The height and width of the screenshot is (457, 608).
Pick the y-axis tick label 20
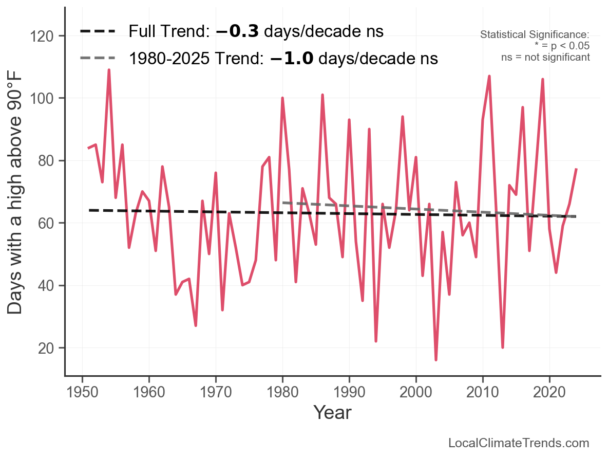click(x=50, y=348)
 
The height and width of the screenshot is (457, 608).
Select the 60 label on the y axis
click(x=50, y=223)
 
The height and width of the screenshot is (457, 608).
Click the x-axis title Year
click(x=332, y=412)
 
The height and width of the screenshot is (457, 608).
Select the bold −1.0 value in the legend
click(x=291, y=59)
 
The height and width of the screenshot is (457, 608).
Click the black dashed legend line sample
click(x=98, y=31)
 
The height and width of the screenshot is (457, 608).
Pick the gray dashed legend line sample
click(x=98, y=59)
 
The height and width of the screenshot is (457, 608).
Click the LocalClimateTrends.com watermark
click(x=519, y=443)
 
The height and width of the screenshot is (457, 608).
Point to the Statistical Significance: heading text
click(x=535, y=34)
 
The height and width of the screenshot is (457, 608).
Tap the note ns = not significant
click(x=545, y=57)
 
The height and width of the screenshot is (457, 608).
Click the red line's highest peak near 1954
click(x=109, y=70)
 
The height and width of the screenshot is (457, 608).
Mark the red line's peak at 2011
click(x=489, y=76)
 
